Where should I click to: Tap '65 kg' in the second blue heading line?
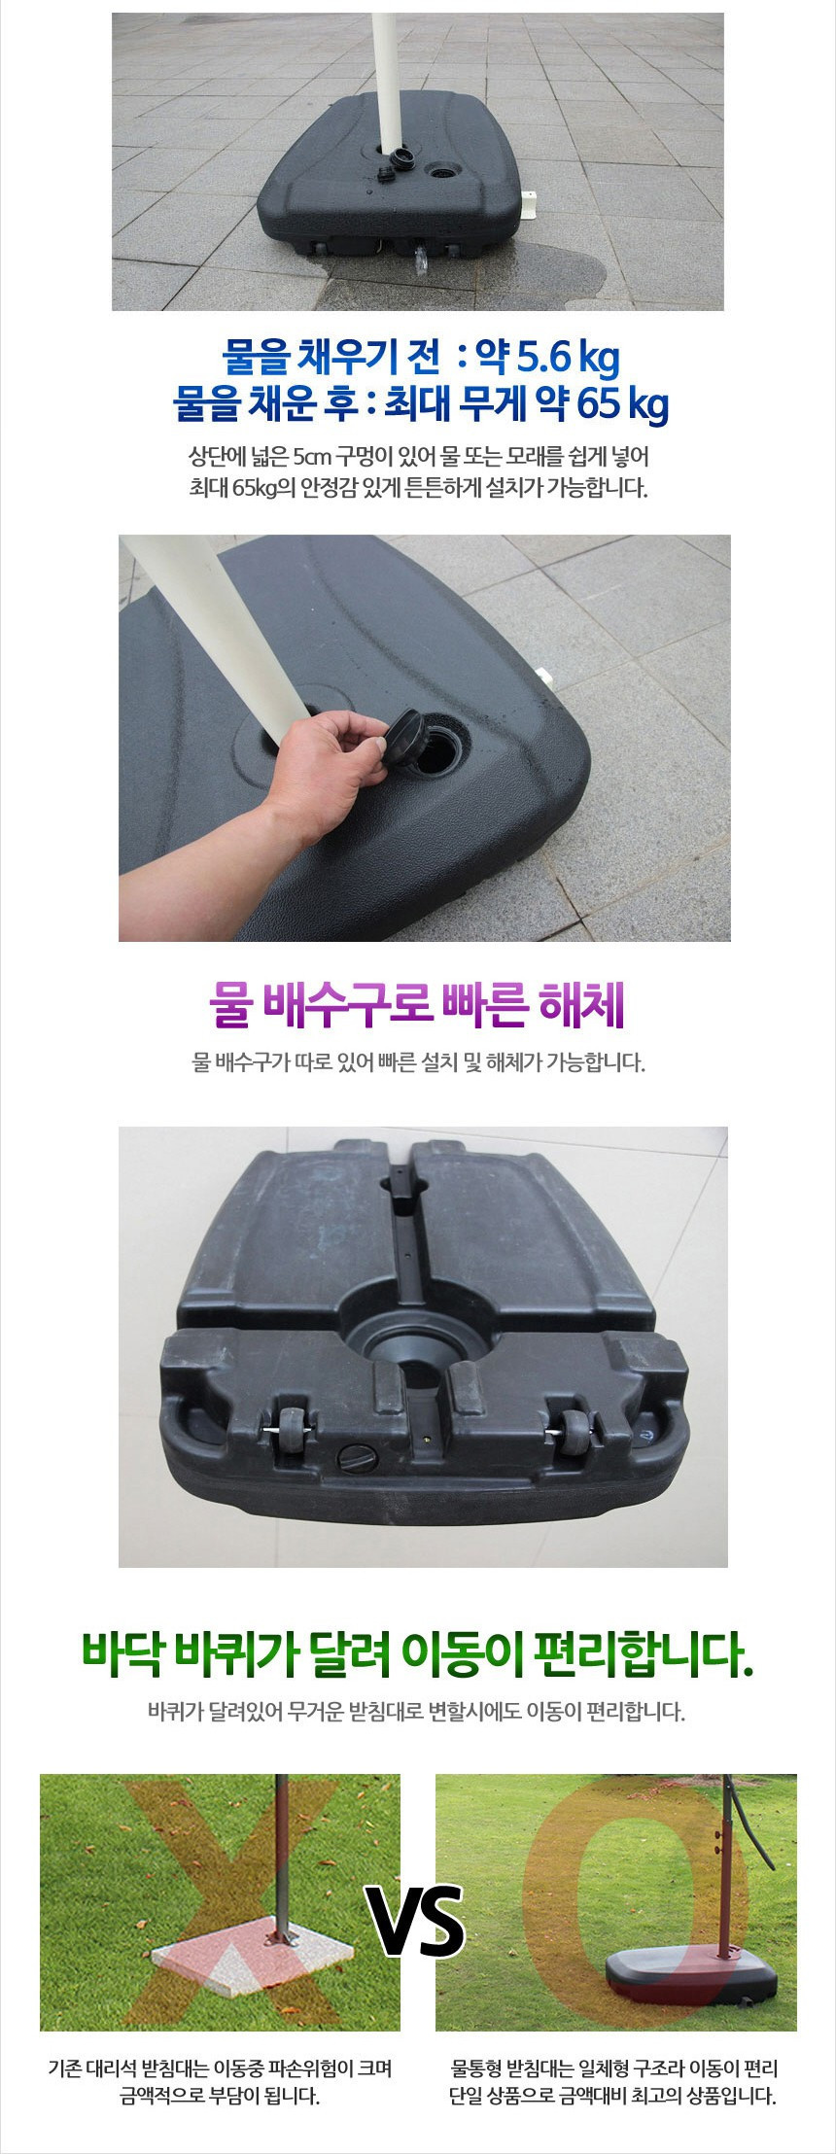(623, 403)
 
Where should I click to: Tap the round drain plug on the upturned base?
(351, 1458)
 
